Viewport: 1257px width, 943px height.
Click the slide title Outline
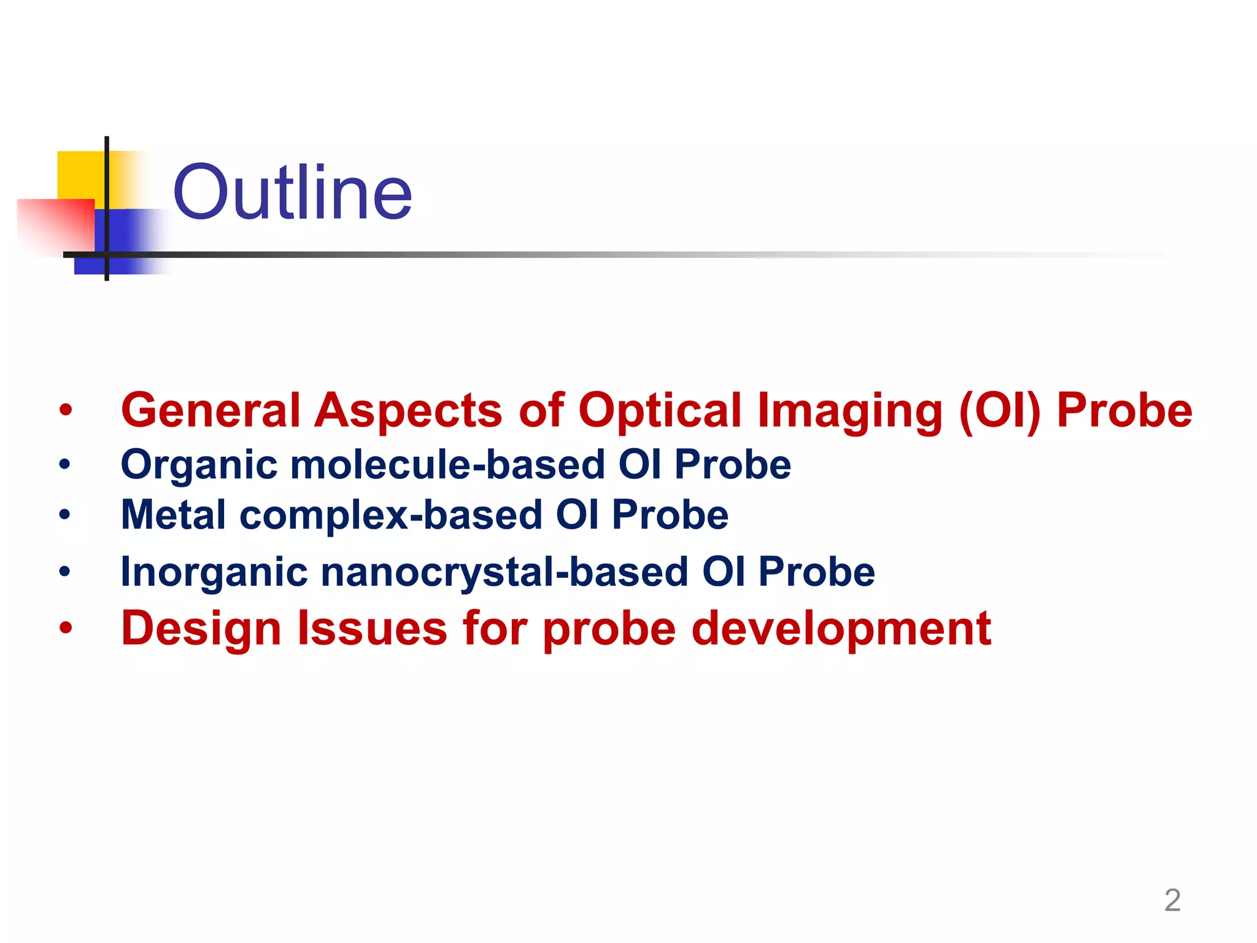(292, 193)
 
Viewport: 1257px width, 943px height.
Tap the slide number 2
(1172, 900)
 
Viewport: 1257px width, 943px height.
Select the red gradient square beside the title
(55, 225)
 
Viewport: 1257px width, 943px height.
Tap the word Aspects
(408, 410)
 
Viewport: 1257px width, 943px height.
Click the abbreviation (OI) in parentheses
(999, 410)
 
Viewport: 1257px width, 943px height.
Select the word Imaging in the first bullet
(849, 410)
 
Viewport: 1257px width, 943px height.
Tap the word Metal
(173, 514)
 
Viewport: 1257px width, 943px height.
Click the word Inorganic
(214, 572)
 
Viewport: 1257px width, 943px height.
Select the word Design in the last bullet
(201, 629)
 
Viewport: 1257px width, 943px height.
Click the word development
(841, 629)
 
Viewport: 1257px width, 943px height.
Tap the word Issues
(373, 629)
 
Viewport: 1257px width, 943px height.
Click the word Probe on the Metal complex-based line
(670, 514)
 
